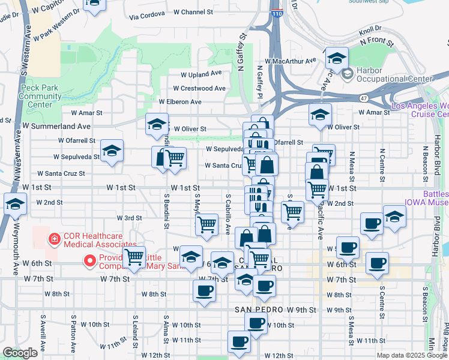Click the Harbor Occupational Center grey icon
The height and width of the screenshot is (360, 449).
(x=347, y=74)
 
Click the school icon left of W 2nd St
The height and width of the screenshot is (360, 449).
(x=15, y=203)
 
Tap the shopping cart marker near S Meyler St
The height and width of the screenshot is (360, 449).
(x=206, y=224)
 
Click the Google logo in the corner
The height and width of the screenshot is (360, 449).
(x=20, y=353)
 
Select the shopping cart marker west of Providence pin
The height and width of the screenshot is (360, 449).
(x=134, y=257)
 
